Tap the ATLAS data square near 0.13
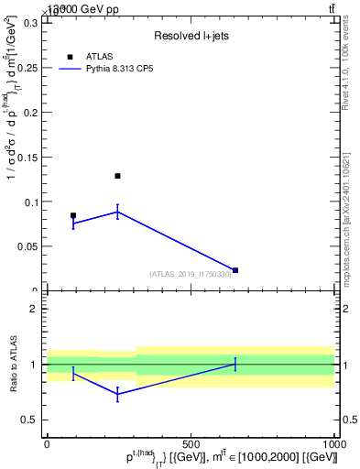(x=117, y=176)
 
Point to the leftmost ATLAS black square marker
(x=73, y=216)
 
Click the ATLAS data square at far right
(x=235, y=270)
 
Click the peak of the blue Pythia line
(x=117, y=212)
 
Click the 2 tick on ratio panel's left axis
(x=33, y=309)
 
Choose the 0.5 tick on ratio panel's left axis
(x=29, y=420)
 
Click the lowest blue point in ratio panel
(x=117, y=394)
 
